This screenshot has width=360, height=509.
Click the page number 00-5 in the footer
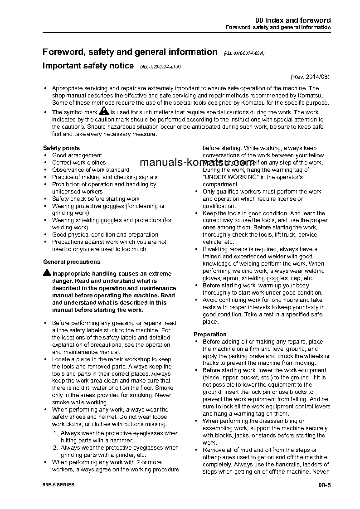pyautogui.click(x=325, y=485)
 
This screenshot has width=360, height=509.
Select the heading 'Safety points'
pyautogui.click(x=61, y=148)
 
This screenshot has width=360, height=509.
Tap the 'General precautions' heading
pyautogui.click(x=72, y=262)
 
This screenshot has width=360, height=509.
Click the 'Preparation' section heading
pyautogui.click(x=210, y=334)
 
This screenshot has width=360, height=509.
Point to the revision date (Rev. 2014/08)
pyautogui.click(x=310, y=77)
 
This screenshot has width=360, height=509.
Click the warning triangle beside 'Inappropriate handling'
pyautogui.click(x=47, y=273)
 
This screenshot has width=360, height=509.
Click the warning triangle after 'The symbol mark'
pyautogui.click(x=104, y=111)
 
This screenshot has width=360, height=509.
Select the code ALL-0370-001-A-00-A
pyautogui.click(x=244, y=53)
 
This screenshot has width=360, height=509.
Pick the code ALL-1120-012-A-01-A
pyautogui.click(x=161, y=67)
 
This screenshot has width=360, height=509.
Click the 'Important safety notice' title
pyautogui.click(x=88, y=66)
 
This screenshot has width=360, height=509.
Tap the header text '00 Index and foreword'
pyautogui.click(x=293, y=20)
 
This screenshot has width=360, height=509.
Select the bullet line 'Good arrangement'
pyautogui.click(x=77, y=155)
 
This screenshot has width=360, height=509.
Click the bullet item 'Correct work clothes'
pyautogui.click(x=79, y=162)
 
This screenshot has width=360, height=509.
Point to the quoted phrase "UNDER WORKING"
pyautogui.click(x=230, y=177)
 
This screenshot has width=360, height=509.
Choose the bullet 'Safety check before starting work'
pyautogui.click(x=96, y=199)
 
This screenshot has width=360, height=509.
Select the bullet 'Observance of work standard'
pyautogui.click(x=90, y=170)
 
